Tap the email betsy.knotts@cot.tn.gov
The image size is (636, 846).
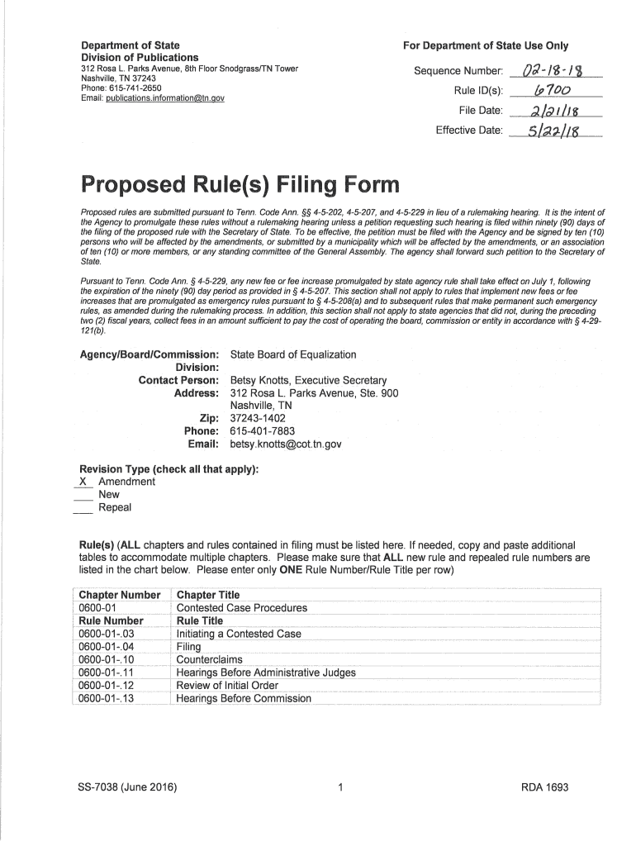[286, 444]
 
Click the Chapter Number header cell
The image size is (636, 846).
[119, 595]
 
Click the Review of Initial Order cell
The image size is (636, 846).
[227, 686]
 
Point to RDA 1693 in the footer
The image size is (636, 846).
[544, 787]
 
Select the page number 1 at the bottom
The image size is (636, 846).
[340, 787]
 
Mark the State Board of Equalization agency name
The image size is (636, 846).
[293, 354]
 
